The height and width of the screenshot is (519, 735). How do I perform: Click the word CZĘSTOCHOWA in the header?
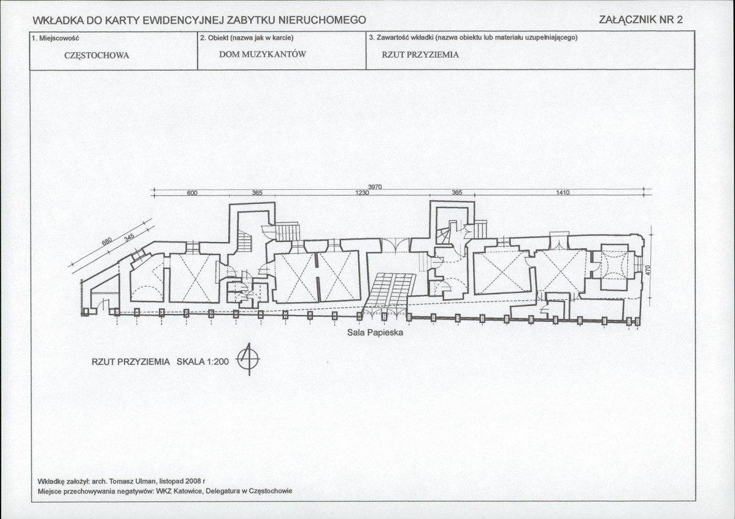pos(96,54)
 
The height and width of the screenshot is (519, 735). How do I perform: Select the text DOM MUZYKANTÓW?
pos(262,54)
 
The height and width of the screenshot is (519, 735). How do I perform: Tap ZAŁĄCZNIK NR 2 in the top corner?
pos(641,20)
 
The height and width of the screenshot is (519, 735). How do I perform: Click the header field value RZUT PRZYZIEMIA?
pos(420,54)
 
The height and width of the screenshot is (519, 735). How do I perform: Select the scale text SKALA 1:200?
pos(202,362)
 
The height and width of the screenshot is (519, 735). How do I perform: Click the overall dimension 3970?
pos(375,187)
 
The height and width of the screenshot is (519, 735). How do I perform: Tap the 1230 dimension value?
pos(363,193)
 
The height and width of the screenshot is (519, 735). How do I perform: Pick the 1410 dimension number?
pos(563,193)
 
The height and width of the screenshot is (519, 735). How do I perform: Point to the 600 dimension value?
pos(191,193)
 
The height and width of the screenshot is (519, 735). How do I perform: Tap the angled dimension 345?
pos(128,236)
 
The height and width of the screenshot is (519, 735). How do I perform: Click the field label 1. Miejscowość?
pos(53,37)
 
